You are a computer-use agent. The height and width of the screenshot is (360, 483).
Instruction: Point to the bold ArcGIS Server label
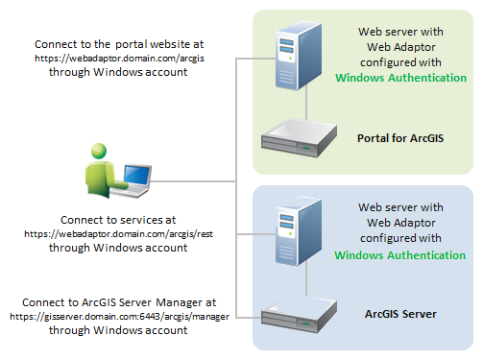click(x=400, y=313)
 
